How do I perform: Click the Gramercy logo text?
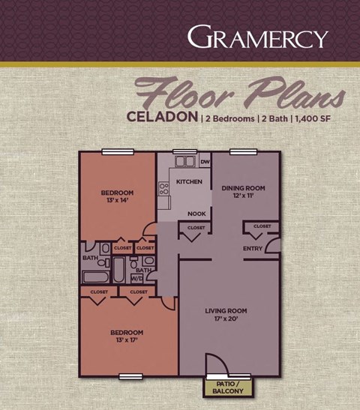(257, 37)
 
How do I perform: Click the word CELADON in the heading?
(163, 118)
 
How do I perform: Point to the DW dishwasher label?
(205, 161)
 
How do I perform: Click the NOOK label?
(196, 213)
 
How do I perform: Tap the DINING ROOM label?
(244, 187)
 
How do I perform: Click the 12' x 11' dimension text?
(244, 196)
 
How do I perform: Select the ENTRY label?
(253, 249)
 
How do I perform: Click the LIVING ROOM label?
(226, 310)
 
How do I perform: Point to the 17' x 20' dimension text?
(226, 319)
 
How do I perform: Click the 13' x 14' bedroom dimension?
(117, 201)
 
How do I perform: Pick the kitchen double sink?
(184, 160)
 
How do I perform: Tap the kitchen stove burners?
(163, 189)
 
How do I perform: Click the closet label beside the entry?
(262, 226)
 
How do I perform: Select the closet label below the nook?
(196, 227)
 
